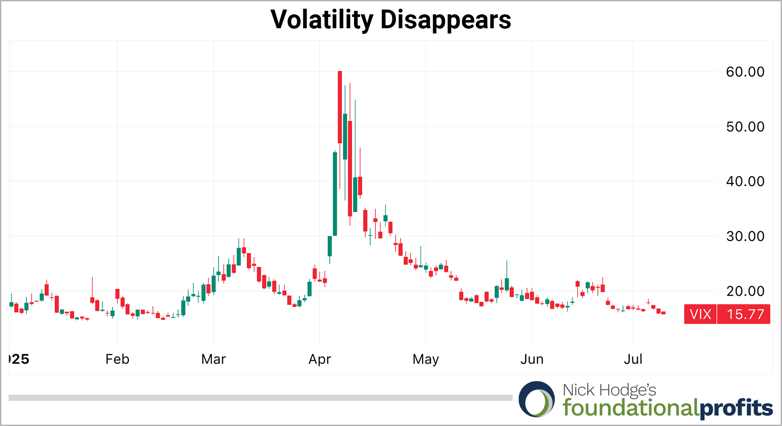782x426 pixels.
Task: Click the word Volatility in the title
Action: pyautogui.click(x=321, y=20)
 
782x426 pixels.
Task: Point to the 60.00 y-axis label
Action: pyautogui.click(x=745, y=72)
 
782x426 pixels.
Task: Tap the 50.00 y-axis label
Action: pyautogui.click(x=745, y=126)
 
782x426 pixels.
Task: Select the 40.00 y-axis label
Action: pyautogui.click(x=745, y=181)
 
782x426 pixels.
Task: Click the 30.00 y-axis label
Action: pyautogui.click(x=745, y=236)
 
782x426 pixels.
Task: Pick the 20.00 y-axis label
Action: pyautogui.click(x=745, y=291)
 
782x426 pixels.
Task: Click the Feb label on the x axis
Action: pyautogui.click(x=117, y=359)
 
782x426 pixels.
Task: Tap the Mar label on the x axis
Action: pyautogui.click(x=213, y=359)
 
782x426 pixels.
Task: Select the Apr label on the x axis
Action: pyautogui.click(x=320, y=359)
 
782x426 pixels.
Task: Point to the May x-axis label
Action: pyautogui.click(x=426, y=359)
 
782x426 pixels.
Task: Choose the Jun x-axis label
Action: pyautogui.click(x=532, y=359)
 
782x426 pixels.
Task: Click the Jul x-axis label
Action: pyautogui.click(x=633, y=359)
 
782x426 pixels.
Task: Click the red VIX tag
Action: pyautogui.click(x=700, y=314)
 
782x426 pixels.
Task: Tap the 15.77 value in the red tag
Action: pyautogui.click(x=745, y=314)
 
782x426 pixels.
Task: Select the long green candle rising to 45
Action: pyautogui.click(x=335, y=194)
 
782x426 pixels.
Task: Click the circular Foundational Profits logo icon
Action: pyautogui.click(x=537, y=399)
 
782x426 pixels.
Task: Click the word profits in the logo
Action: pyautogui.click(x=736, y=408)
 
